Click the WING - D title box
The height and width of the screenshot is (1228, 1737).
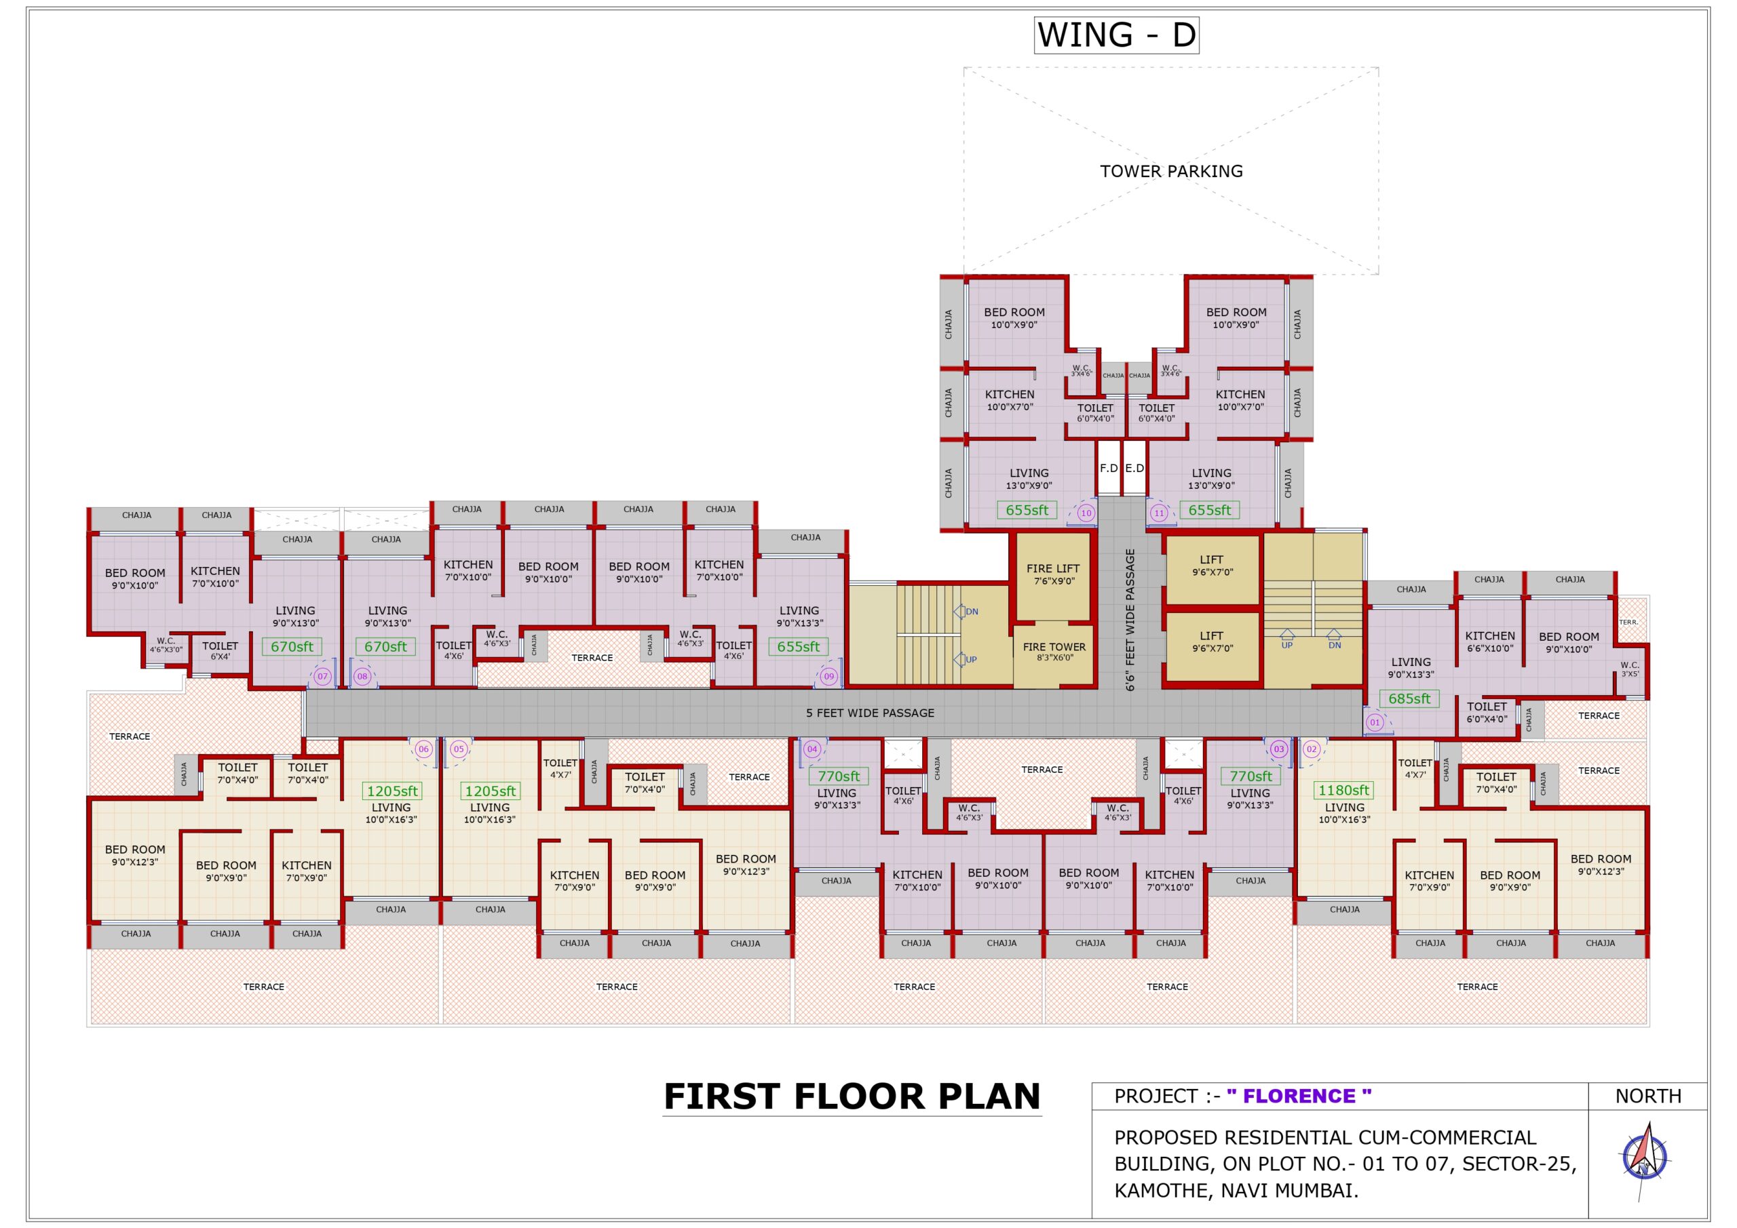point(1116,35)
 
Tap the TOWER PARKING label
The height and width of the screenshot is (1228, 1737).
point(1171,171)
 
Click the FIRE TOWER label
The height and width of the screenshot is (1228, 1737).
point(1054,646)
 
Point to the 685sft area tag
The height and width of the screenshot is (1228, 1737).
point(1409,698)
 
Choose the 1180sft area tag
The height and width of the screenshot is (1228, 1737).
point(1343,790)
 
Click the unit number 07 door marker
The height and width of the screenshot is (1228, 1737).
point(323,676)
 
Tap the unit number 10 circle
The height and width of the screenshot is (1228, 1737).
point(1086,513)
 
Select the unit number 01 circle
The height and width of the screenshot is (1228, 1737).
point(1375,722)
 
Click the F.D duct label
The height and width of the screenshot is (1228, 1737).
point(1108,468)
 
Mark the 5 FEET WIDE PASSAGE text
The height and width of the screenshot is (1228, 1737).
point(870,713)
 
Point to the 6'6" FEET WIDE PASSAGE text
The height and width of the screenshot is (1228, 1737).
point(1130,620)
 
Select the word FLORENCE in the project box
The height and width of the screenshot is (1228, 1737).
point(1299,1096)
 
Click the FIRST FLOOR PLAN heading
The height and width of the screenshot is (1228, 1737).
point(852,1096)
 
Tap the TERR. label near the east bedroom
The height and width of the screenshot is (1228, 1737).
point(1628,622)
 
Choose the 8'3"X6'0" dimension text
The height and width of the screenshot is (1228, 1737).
point(1054,658)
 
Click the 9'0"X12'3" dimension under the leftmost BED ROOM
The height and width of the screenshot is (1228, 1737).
point(134,862)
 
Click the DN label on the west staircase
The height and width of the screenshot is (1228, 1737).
point(972,612)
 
